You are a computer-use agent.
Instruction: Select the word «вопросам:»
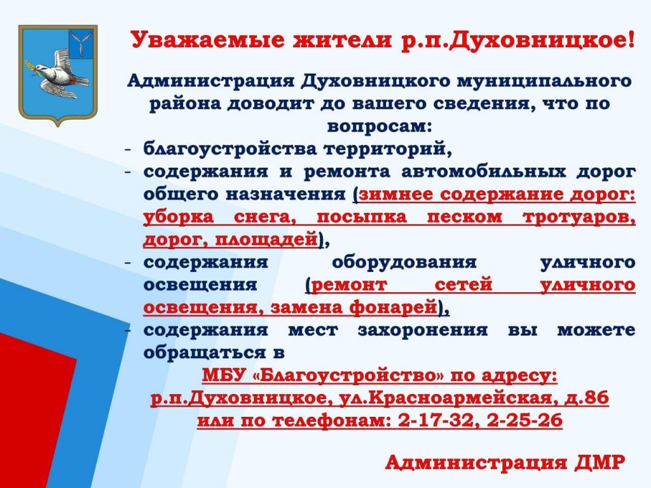point(380,126)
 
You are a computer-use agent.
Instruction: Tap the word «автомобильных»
point(483,172)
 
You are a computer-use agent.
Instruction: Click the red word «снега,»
point(265,217)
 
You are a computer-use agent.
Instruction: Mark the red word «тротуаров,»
point(579,217)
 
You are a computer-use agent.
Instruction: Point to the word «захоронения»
point(423,330)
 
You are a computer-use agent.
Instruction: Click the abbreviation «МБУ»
point(224,376)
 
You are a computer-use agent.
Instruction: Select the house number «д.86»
point(587,398)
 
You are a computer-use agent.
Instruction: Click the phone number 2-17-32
point(436,421)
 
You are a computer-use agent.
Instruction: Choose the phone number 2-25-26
point(524,421)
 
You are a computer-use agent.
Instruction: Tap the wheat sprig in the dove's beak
point(32,69)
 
